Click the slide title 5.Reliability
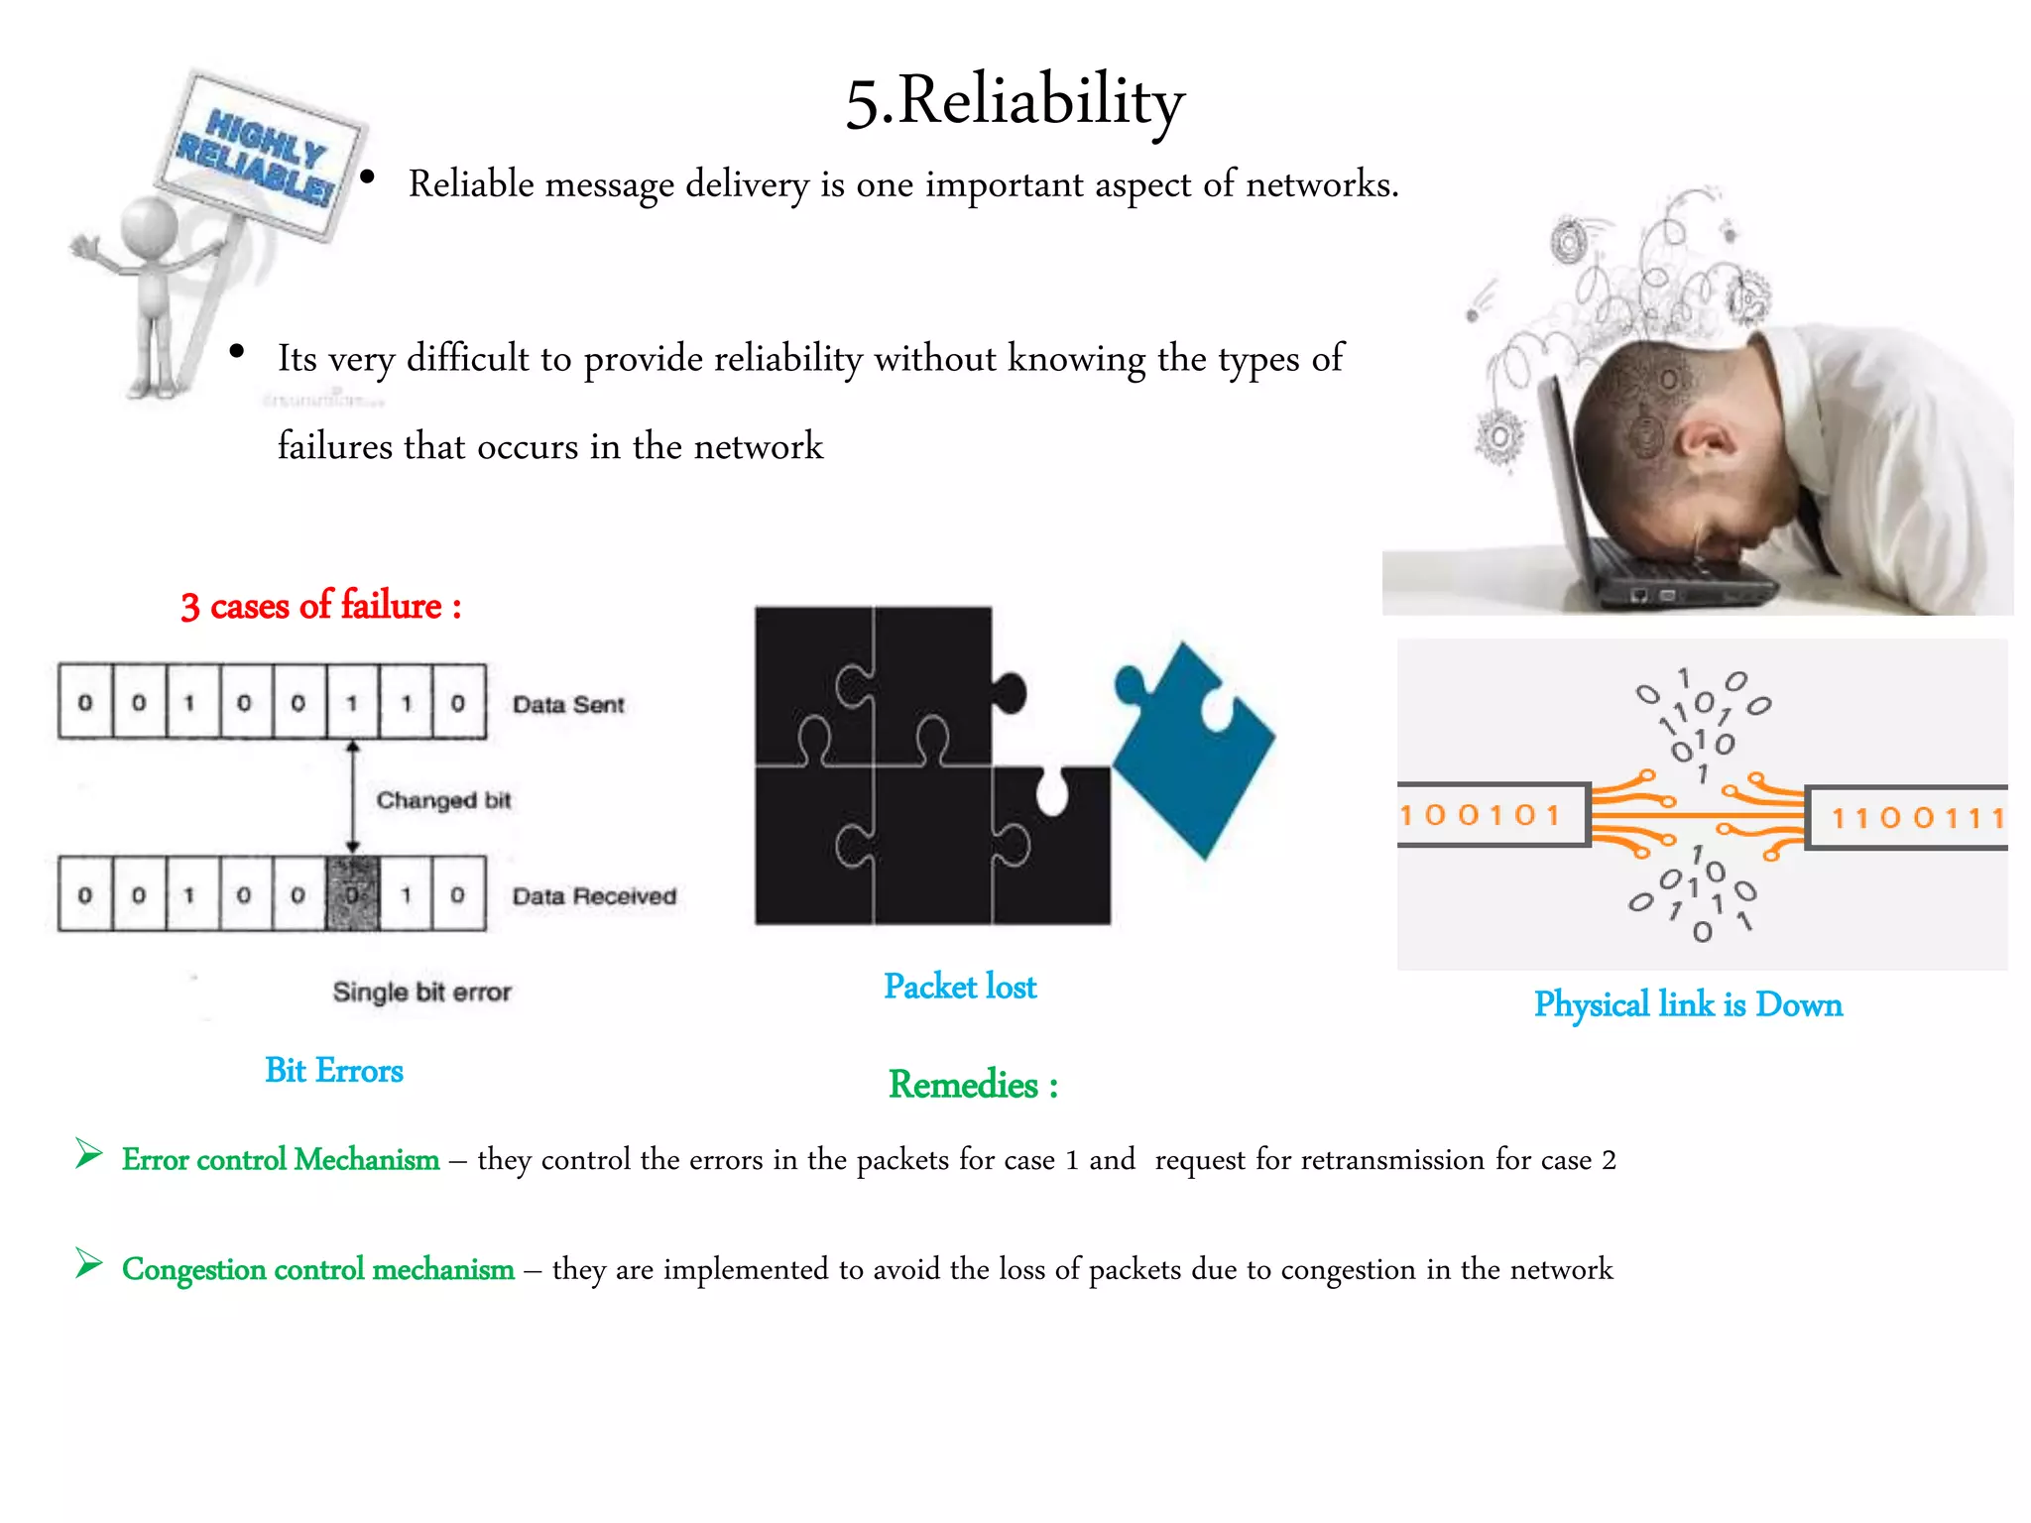pyautogui.click(x=1015, y=101)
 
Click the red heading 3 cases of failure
pyautogui.click(x=320, y=606)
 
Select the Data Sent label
pyautogui.click(x=568, y=705)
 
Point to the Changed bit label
pyautogui.click(x=443, y=800)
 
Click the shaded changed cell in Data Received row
pyautogui.click(x=352, y=894)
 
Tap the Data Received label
pyautogui.click(x=594, y=896)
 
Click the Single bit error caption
pyautogui.click(x=421, y=992)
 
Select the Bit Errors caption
pyautogui.click(x=334, y=1071)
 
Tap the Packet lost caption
pyautogui.click(x=960, y=987)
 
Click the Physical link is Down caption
pyautogui.click(x=1688, y=1004)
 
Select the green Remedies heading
pyautogui.click(x=973, y=1085)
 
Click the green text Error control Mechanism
pyautogui.click(x=281, y=1159)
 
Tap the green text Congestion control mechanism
pyautogui.click(x=317, y=1269)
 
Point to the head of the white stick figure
pyautogui.click(x=149, y=226)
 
